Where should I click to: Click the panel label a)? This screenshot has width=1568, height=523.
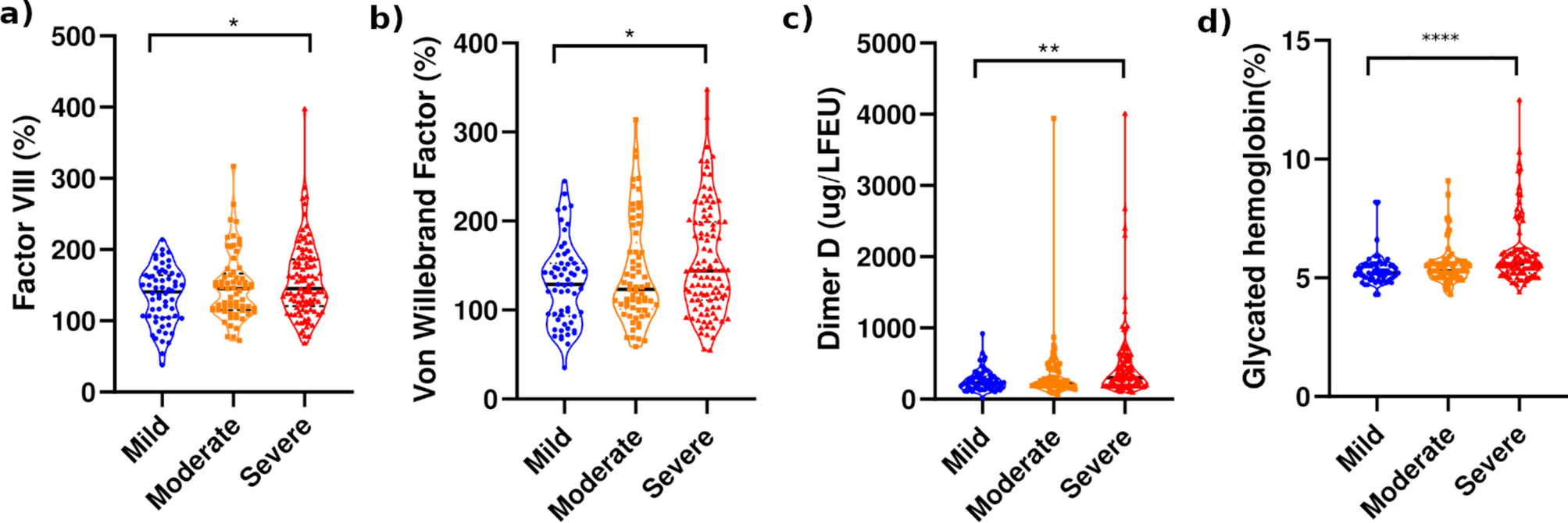(16, 14)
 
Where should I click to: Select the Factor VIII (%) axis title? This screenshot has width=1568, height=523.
(25, 212)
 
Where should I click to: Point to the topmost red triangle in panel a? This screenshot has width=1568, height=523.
(305, 110)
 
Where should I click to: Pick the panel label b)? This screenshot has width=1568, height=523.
(386, 17)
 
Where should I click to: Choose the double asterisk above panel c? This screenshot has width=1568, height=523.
(1048, 50)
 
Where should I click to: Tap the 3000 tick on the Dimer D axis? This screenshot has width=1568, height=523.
(887, 186)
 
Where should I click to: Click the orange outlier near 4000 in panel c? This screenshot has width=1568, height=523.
(1053, 119)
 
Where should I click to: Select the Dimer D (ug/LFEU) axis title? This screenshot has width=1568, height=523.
(830, 219)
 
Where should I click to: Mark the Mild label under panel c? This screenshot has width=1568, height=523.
(966, 450)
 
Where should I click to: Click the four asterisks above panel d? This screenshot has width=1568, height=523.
(1440, 38)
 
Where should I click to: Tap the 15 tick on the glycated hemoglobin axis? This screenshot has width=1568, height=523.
(1295, 41)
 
